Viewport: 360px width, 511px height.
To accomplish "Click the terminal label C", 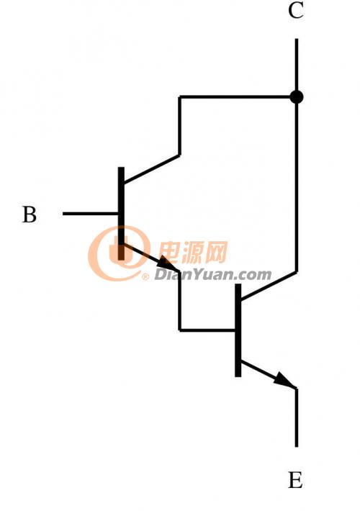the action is click(x=296, y=10).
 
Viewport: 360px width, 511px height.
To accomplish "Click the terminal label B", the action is click(x=30, y=214).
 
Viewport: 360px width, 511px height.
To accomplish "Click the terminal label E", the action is click(x=295, y=480).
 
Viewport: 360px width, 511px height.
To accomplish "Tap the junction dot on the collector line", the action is click(x=297, y=96).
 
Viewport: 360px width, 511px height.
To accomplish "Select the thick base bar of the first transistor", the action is click(x=121, y=214).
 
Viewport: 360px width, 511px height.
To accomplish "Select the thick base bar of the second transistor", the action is click(x=238, y=330).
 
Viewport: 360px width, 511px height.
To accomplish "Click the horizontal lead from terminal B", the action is click(x=90, y=214).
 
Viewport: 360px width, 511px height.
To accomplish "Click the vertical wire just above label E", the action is click(x=297, y=417).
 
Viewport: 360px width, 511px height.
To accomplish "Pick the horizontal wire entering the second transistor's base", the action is click(x=207, y=330).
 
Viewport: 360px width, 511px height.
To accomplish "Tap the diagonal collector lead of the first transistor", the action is click(x=152, y=169).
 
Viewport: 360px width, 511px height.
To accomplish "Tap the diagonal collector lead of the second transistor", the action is click(x=269, y=285).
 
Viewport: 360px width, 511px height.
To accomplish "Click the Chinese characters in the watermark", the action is click(x=193, y=252).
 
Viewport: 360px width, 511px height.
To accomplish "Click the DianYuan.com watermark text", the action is click(x=212, y=275).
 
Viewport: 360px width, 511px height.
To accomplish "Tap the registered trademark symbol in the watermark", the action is click(x=145, y=277).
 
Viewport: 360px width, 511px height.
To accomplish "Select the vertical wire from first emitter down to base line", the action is click(x=179, y=300).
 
